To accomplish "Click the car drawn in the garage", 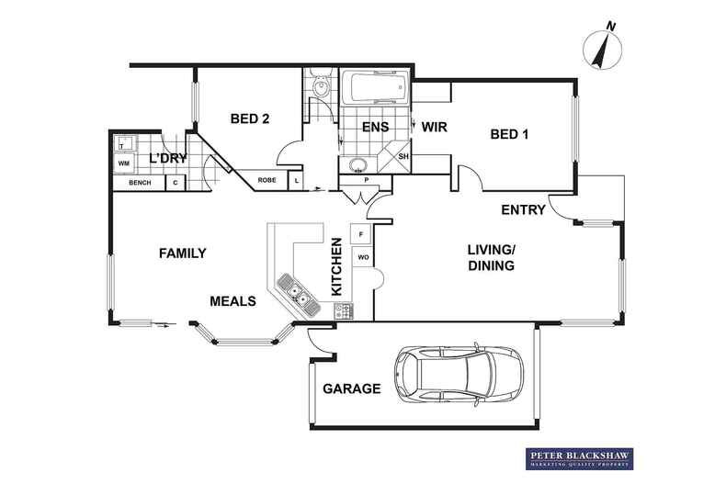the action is click(459, 375).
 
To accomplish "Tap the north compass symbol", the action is click(602, 47).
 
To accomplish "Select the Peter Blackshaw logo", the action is click(579, 458).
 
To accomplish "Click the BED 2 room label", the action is click(250, 118).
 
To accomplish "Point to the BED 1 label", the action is click(509, 134).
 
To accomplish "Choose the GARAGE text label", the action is click(352, 388).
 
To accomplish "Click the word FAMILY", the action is click(183, 253).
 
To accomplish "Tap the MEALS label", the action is click(233, 301).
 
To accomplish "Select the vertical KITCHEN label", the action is click(336, 266).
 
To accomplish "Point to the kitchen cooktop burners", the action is click(344, 310).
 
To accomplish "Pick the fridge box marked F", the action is click(361, 234).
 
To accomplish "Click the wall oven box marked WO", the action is click(363, 257).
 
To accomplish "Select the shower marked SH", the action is click(396, 156).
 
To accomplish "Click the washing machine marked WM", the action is click(124, 163).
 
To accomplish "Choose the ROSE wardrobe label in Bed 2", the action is click(267, 180).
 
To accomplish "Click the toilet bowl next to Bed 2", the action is click(321, 85).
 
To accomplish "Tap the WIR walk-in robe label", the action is click(434, 127).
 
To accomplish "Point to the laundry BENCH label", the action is click(140, 183).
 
